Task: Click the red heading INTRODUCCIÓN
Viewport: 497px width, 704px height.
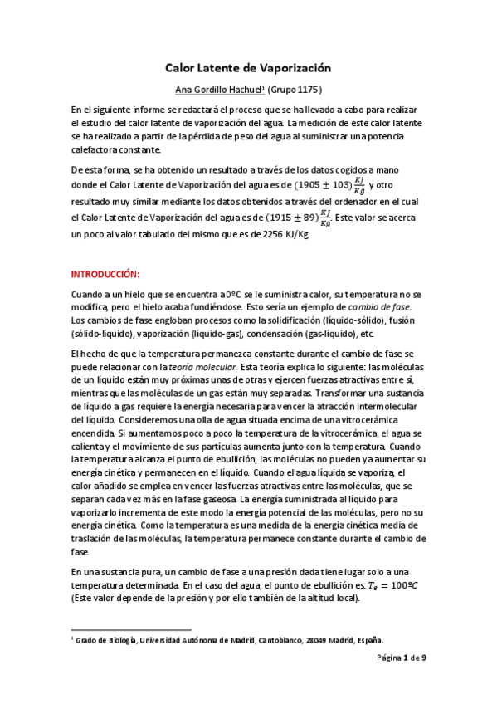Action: pyautogui.click(x=105, y=273)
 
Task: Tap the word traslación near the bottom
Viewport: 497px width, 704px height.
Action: pyautogui.click(x=94, y=538)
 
